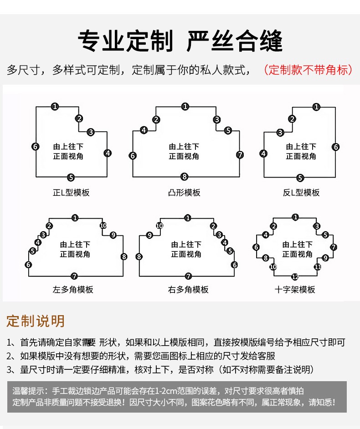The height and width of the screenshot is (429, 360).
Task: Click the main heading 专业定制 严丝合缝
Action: coord(180,41)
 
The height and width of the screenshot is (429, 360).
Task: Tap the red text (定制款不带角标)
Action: coord(308,70)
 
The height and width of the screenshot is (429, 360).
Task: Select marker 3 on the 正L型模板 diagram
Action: coord(91,132)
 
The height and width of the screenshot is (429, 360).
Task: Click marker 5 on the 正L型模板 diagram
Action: coord(71,178)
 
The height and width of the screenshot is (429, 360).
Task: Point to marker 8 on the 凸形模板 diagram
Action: coord(185,177)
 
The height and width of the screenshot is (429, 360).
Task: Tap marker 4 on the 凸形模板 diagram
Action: coord(144,130)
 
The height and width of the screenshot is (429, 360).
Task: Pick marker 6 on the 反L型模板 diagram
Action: coord(336,147)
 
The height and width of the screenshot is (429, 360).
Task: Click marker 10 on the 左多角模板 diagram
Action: coord(103,225)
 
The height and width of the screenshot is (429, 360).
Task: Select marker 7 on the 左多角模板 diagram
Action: coord(74,276)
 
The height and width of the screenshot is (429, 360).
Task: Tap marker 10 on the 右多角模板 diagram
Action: coord(159,226)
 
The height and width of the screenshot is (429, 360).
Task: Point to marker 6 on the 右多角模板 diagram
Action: coord(234,265)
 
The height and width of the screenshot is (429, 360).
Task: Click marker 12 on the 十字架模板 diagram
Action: coord(295,276)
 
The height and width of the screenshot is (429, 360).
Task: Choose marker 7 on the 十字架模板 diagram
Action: coord(334,247)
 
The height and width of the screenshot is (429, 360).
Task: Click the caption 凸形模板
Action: coord(184,193)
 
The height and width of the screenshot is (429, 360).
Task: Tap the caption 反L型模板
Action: coord(301,193)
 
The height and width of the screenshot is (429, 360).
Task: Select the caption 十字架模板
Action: coord(295,290)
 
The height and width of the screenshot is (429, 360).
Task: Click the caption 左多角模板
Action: coord(73,290)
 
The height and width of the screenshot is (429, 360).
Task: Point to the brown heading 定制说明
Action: coord(36,321)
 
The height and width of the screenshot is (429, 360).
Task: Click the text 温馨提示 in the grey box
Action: coord(27,391)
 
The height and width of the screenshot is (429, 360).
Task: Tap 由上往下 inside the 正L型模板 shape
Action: coord(68,147)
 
